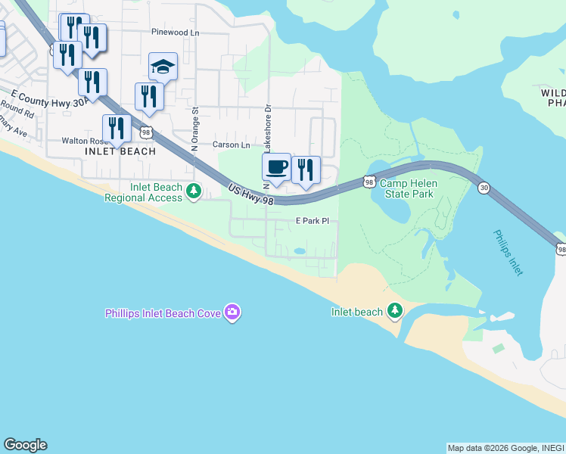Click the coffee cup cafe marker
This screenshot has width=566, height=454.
275,166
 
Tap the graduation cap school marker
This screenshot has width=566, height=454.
163,67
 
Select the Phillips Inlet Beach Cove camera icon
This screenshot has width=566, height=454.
232,313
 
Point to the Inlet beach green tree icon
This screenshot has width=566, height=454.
394,311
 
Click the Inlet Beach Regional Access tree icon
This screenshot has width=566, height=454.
194,191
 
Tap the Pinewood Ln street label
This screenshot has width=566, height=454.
175,33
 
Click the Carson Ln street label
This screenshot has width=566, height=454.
231,145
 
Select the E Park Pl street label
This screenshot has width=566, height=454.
313,221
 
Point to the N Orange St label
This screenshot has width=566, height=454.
194,129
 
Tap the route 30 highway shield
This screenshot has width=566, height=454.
483,188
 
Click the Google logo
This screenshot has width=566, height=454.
25,445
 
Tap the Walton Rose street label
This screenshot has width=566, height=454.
84,141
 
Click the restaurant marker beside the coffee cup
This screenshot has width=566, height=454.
306,169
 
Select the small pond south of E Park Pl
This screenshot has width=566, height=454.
300,250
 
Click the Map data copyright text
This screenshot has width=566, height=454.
505,448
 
